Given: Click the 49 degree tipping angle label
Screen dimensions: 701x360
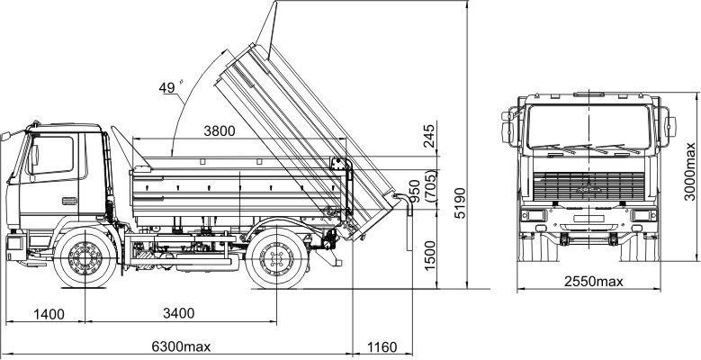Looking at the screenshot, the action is click(169, 87).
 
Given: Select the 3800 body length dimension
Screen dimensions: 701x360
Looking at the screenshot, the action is click(219, 131).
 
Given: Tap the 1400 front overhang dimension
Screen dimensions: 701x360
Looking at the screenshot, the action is click(49, 314).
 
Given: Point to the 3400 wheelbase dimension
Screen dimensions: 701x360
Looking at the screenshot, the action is click(178, 313).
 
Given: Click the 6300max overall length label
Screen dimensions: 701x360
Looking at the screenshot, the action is click(181, 346).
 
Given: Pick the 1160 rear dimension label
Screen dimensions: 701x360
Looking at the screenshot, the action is click(382, 347).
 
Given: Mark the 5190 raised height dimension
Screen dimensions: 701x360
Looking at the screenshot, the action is click(460, 202).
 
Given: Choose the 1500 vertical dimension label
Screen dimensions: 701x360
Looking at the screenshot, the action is click(429, 256).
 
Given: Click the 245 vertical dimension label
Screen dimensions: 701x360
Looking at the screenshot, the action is click(428, 136).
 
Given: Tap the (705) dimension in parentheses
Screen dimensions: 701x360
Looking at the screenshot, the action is click(432, 186).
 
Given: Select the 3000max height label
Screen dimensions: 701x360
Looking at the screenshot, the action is click(690, 171).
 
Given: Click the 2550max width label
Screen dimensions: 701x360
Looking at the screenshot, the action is click(593, 282).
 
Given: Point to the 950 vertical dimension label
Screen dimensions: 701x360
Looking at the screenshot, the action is click(416, 191).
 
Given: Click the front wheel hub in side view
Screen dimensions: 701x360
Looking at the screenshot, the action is click(85, 258).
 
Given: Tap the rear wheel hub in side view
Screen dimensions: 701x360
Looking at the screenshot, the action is click(277, 259).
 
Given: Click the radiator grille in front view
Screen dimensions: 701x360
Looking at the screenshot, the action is click(589, 186).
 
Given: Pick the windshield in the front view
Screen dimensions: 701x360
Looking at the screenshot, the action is click(589, 127).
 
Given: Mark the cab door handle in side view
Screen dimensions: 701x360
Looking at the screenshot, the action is click(69, 202).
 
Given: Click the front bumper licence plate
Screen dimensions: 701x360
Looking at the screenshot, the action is click(589, 219).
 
